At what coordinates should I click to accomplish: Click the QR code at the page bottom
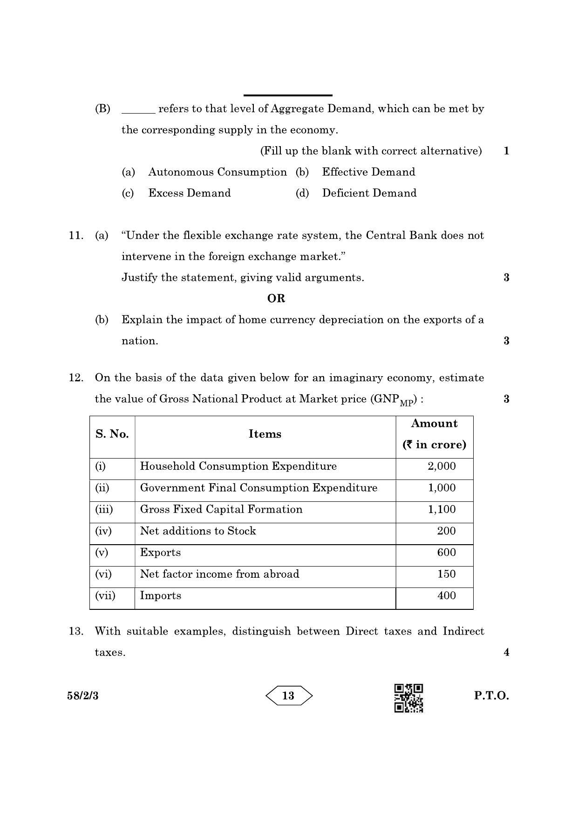[x=408, y=697]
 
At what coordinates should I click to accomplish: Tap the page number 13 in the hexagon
[x=288, y=696]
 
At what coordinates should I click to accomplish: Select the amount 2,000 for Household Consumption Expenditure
[x=442, y=466]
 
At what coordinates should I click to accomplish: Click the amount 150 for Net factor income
[x=446, y=574]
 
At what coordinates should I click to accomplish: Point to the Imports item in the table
[x=161, y=596]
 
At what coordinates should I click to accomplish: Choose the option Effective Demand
[x=368, y=172]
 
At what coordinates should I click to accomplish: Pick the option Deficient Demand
[x=369, y=193]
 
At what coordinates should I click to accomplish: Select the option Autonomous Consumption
[x=218, y=172]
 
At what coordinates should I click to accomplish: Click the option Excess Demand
[x=190, y=193]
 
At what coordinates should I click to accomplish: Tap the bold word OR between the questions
[x=276, y=298]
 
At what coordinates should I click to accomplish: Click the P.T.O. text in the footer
[x=491, y=696]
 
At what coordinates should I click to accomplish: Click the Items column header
[x=265, y=434]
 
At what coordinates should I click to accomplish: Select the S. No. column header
[x=112, y=434]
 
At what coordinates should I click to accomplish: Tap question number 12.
[x=75, y=378]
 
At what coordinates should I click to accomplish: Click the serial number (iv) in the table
[x=103, y=531]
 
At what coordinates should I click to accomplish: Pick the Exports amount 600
[x=446, y=553]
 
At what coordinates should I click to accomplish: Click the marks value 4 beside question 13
[x=506, y=653]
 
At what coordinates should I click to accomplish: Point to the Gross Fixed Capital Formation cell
[x=221, y=510]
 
